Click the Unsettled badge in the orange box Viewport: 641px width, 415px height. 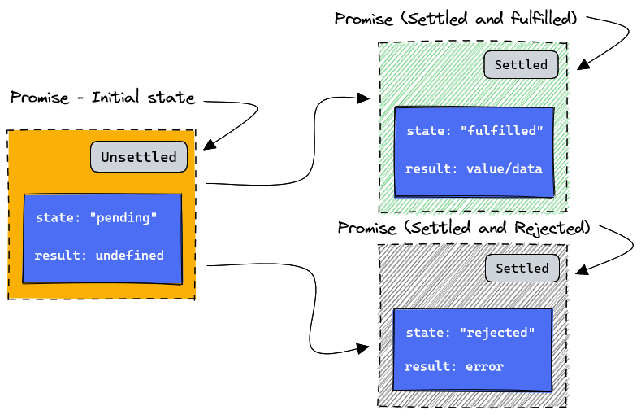click(138, 157)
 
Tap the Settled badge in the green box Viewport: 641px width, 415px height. click(521, 65)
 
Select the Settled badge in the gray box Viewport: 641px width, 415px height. click(522, 268)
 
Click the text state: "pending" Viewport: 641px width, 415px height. click(96, 218)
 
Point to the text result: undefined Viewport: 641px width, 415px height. click(99, 256)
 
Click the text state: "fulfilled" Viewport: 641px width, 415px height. click(474, 130)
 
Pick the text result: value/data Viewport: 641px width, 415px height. click(474, 168)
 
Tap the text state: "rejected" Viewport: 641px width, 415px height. click(470, 332)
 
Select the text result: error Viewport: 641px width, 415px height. click(453, 366)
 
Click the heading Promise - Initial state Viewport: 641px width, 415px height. click(102, 98)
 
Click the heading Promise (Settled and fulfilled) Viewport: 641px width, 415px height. click(456, 18)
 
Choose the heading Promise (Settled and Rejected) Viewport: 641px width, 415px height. click(463, 227)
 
